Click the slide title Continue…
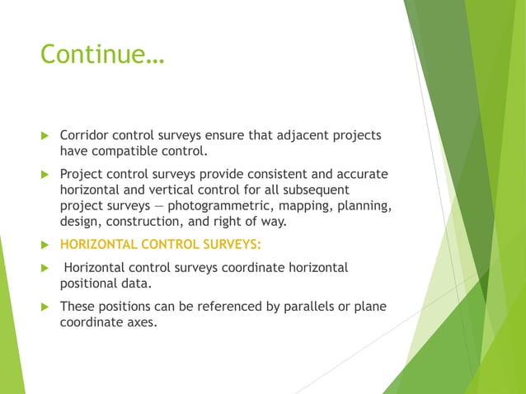102,54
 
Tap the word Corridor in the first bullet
84,135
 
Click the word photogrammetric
218,205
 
